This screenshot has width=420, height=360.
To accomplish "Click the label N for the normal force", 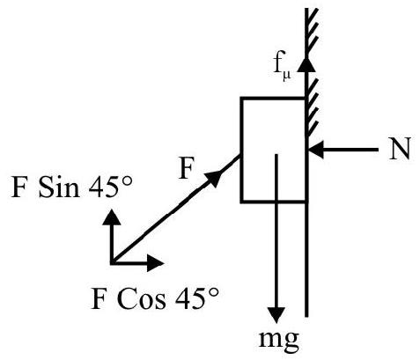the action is point(399,149).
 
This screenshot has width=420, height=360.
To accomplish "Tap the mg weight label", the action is point(279,341).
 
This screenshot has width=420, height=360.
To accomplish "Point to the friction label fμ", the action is point(283,67).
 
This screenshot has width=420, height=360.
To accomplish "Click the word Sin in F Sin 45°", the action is point(59,187).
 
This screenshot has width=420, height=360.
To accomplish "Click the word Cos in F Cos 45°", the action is point(141,298).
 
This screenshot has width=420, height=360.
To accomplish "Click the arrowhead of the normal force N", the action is point(316,150).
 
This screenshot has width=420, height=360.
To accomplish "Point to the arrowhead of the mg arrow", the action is point(276,315).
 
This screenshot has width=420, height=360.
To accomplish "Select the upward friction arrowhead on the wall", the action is point(306,64).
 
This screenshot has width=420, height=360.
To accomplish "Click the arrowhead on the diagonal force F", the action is point(213,178).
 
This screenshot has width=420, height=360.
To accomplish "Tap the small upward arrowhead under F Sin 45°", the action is point(111,217).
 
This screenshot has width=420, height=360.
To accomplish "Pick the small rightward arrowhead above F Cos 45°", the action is point(155,262).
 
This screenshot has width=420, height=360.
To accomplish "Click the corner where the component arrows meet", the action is point(112,262).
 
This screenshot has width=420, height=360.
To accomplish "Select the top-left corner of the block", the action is point(241,98).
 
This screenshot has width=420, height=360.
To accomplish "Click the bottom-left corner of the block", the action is point(241,202).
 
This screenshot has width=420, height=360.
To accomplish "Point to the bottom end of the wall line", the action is point(306,317).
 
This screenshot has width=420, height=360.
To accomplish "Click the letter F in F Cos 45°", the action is point(99,299).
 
